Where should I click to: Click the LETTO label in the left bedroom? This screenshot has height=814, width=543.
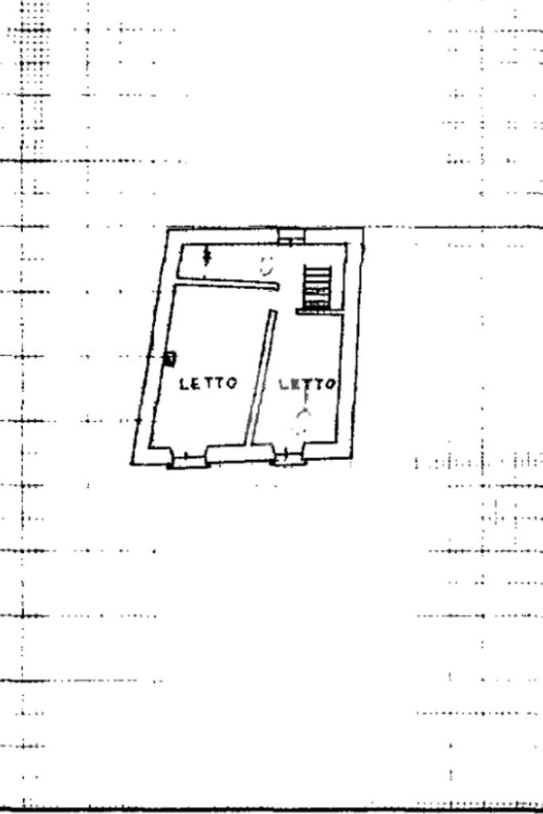[208, 384]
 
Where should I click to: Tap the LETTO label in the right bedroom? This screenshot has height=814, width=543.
[307, 384]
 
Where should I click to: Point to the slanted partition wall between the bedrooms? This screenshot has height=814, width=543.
[262, 378]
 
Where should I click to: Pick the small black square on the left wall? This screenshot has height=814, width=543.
[169, 358]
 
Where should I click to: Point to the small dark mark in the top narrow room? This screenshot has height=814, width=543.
[208, 255]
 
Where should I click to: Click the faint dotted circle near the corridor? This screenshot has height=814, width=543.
[267, 267]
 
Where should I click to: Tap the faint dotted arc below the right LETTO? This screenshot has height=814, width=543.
[300, 421]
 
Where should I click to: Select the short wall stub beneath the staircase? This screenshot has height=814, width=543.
[318, 311]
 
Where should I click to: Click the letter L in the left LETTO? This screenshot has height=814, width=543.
[184, 384]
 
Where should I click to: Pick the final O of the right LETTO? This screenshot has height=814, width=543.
[331, 384]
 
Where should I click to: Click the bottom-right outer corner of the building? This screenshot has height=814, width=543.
[352, 459]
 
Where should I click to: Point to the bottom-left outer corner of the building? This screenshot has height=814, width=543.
[131, 464]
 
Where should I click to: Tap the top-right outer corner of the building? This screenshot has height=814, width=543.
[363, 228]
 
